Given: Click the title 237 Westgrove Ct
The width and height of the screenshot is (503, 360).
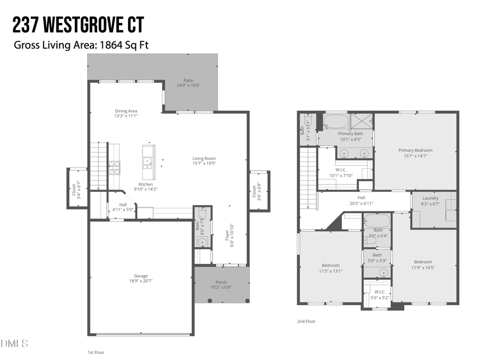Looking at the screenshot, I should [78, 25].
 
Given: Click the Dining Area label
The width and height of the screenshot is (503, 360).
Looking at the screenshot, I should [126, 111].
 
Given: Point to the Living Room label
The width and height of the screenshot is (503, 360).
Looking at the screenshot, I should [204, 159].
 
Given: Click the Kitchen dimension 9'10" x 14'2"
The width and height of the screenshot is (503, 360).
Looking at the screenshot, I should [145, 190].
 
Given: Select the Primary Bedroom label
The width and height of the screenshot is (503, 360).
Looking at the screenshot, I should [415, 150].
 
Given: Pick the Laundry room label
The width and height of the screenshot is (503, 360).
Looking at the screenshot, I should [430, 198].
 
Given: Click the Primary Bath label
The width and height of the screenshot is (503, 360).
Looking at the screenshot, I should [350, 134].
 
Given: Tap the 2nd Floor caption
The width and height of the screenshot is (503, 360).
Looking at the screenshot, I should [307, 321].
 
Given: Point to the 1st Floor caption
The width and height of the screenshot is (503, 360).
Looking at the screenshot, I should [96, 353].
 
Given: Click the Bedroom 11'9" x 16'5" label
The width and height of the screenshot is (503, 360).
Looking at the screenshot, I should [423, 262].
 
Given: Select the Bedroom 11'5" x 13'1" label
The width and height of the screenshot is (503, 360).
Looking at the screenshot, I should [330, 266].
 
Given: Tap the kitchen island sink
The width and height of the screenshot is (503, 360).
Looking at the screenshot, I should [149, 163].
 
